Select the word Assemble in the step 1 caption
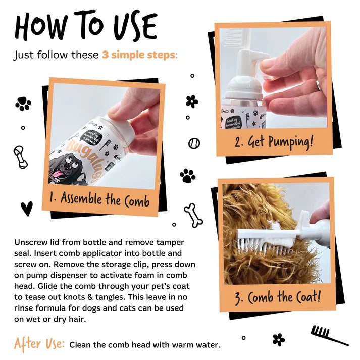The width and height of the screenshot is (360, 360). tap(81, 198)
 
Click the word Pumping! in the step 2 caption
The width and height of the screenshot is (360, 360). tap(291, 142)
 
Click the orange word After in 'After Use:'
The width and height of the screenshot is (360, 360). tap(28, 344)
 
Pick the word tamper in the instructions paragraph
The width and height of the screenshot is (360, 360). tap(170, 242)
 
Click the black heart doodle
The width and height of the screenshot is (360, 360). tap(27, 209)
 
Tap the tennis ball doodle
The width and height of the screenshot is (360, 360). tap(194, 143)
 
